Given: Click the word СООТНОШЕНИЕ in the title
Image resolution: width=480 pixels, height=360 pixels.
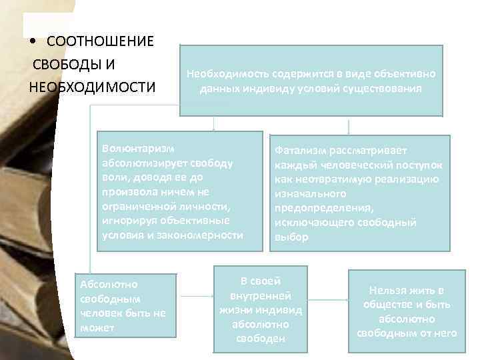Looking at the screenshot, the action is (100, 41).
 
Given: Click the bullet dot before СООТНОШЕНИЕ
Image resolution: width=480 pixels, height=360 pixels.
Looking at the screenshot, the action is (33, 42).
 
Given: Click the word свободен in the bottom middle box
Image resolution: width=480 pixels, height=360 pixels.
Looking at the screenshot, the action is (260, 339).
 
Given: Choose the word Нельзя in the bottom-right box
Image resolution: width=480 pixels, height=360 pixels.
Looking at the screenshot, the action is (387, 290).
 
